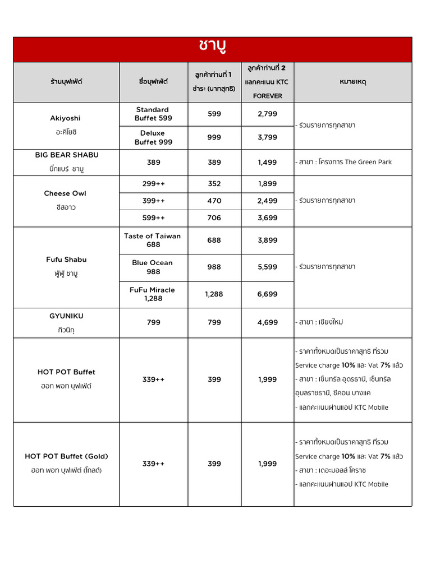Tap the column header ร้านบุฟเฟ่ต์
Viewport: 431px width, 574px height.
[66, 82]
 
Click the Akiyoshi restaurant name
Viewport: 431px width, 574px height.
[65, 118]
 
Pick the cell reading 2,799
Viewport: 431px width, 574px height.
[267, 114]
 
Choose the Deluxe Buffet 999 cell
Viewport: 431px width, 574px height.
[153, 137]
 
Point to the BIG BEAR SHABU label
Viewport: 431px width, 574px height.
[66, 155]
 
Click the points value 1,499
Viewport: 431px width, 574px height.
[267, 162]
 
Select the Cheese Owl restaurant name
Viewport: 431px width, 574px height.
[65, 193]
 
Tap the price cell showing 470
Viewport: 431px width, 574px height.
[214, 201]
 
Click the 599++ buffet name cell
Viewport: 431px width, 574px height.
[153, 218]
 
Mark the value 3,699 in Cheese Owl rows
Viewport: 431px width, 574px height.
[267, 218]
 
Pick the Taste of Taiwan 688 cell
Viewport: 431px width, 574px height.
[153, 240]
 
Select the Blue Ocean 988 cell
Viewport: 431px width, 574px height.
[153, 267]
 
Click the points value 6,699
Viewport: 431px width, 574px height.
[267, 294]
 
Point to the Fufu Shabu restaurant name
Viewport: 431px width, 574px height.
[66, 260]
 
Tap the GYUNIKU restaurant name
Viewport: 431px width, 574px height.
[66, 316]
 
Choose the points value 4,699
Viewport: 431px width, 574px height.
[267, 322]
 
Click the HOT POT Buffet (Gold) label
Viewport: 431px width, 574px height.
[66, 456]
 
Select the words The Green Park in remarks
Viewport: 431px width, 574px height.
[368, 162]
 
